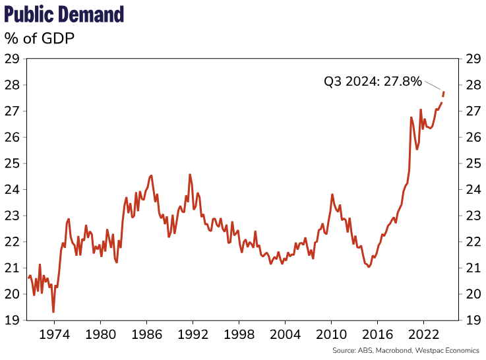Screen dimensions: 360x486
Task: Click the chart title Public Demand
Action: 64,14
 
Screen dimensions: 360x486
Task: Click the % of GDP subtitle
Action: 40,38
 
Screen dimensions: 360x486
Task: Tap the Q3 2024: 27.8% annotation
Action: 373,81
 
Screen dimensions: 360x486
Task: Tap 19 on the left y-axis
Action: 12,320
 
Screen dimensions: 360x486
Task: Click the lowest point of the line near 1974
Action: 53,312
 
